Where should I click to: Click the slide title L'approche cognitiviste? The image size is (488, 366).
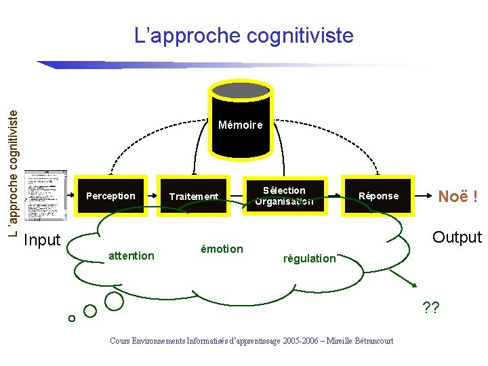[244, 35]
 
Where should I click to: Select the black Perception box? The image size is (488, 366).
[110, 196]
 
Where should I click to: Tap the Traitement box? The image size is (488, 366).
[194, 197]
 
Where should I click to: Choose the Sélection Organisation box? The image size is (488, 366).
[285, 196]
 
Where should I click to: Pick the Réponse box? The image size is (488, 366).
[378, 196]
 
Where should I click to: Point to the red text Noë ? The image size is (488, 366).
[457, 197]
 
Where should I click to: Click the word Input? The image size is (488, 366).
[42, 240]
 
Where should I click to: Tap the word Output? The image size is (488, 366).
[456, 237]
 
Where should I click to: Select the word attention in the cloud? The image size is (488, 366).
[131, 256]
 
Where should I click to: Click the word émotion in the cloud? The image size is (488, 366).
[222, 249]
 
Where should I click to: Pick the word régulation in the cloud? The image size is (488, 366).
[310, 258]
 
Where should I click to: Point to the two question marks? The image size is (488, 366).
[430, 309]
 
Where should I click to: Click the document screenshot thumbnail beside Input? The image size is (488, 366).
[46, 195]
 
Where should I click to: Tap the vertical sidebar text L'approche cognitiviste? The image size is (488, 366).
[14, 165]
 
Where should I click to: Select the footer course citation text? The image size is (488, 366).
[251, 341]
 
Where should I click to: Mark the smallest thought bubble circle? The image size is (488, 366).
[71, 319]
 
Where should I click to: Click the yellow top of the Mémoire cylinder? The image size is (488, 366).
[240, 89]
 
